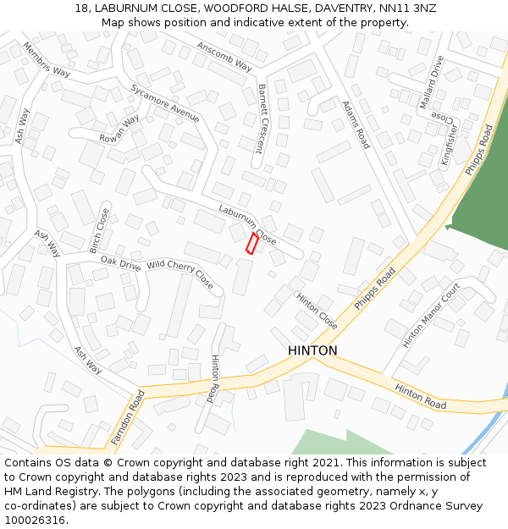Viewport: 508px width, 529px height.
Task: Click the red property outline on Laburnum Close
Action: point(251,244)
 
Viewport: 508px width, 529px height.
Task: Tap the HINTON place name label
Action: point(312,350)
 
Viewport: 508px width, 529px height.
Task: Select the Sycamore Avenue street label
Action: point(164,103)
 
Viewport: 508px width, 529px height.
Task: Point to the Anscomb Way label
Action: point(224,56)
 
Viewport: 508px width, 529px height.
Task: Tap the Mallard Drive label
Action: point(431,82)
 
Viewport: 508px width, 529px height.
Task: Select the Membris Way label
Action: point(47,59)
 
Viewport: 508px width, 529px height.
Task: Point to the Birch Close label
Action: point(100,231)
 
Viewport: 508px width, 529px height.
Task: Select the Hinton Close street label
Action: point(317,311)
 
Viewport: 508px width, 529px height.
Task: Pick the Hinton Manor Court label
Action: point(431,315)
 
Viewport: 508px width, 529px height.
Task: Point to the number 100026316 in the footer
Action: point(35,520)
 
